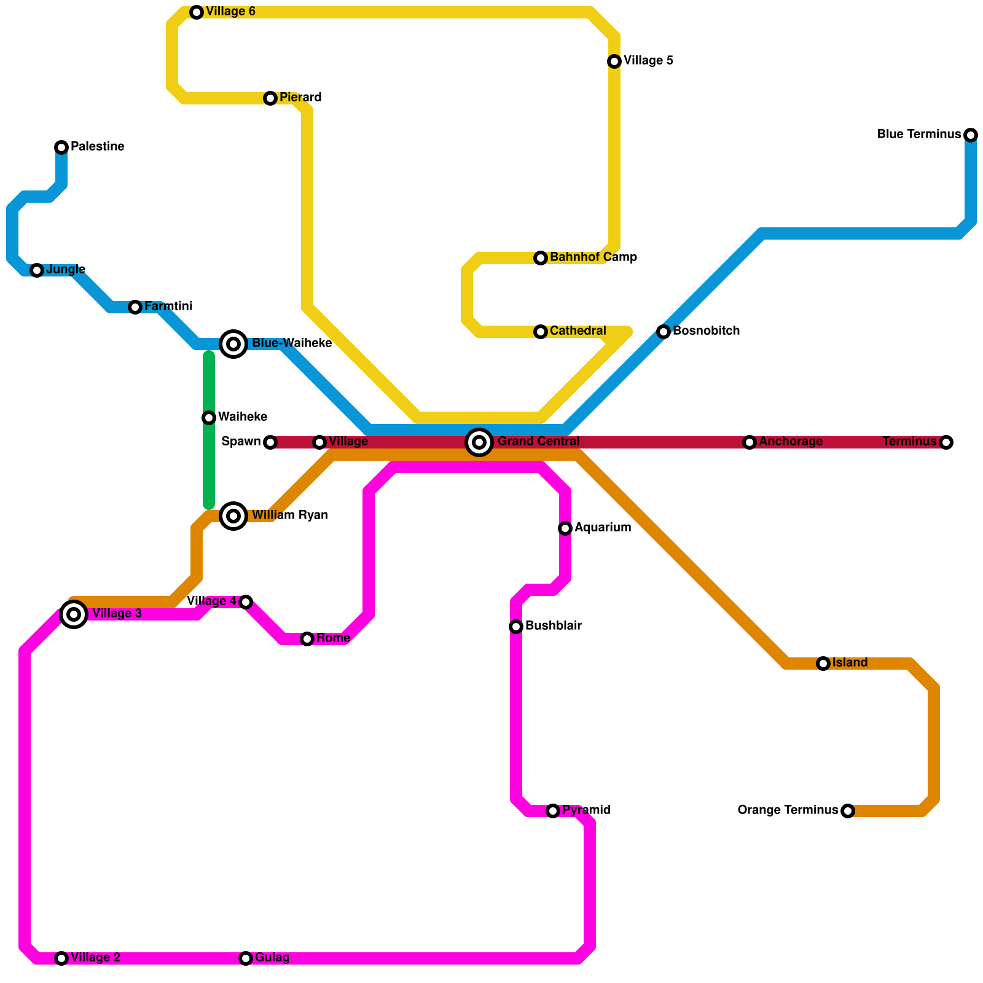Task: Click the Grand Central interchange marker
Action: pyautogui.click(x=479, y=442)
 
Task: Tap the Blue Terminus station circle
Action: pyautogui.click(x=971, y=135)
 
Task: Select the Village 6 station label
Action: pyautogui.click(x=230, y=12)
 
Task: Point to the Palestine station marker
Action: pyautogui.click(x=61, y=147)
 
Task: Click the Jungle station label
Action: pyautogui.click(x=66, y=270)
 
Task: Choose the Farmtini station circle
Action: pyautogui.click(x=135, y=307)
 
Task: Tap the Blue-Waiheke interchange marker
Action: pyautogui.click(x=233, y=344)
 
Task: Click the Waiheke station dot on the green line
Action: pyautogui.click(x=209, y=418)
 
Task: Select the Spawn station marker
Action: pyautogui.click(x=270, y=442)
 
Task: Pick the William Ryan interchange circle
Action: pyautogui.click(x=233, y=516)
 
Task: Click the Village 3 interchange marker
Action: pyautogui.click(x=74, y=614)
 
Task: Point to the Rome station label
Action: pyautogui.click(x=333, y=638)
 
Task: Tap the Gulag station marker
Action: pyautogui.click(x=246, y=958)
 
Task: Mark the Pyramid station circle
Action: pyautogui.click(x=553, y=811)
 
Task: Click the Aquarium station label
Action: pyautogui.click(x=602, y=528)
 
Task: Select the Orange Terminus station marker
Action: pyautogui.click(x=848, y=811)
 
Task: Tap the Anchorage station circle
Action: pyautogui.click(x=750, y=442)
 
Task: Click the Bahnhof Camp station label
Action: pyautogui.click(x=593, y=257)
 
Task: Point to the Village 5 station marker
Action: pyautogui.click(x=614, y=61)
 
